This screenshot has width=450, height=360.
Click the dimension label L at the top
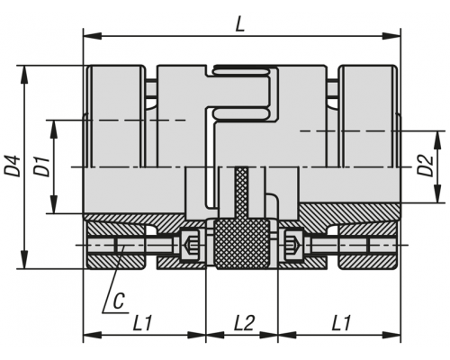(239, 23)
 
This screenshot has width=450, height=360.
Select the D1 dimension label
(40, 166)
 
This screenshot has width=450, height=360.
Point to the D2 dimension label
(426, 166)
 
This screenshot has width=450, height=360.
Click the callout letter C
(119, 301)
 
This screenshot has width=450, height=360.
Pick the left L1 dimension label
(143, 323)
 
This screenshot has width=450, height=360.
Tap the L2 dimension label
(244, 323)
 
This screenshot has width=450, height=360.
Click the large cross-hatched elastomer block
(242, 244)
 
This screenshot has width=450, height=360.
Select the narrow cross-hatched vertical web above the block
(242, 193)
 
